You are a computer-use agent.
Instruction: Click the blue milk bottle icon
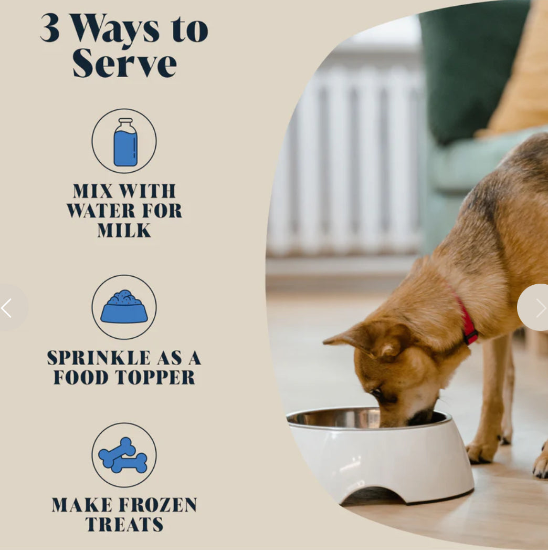pyautogui.click(x=125, y=142)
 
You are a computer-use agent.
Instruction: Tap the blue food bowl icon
pyautogui.click(x=124, y=307)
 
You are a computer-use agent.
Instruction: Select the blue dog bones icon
pyautogui.click(x=123, y=455)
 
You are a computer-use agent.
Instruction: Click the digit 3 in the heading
pyautogui.click(x=50, y=28)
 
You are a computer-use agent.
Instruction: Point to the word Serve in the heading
pyautogui.click(x=124, y=63)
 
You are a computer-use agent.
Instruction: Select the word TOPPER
pyautogui.click(x=155, y=378)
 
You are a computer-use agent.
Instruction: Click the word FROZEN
pyautogui.click(x=158, y=505)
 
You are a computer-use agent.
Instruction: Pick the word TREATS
pyautogui.click(x=124, y=524)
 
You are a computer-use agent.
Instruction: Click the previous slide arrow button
pyautogui.click(x=7, y=308)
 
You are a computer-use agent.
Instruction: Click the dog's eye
pyautogui.click(x=377, y=392)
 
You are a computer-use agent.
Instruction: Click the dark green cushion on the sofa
pyautogui.click(x=470, y=67)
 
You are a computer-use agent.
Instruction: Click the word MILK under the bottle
pyautogui.click(x=124, y=231)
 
